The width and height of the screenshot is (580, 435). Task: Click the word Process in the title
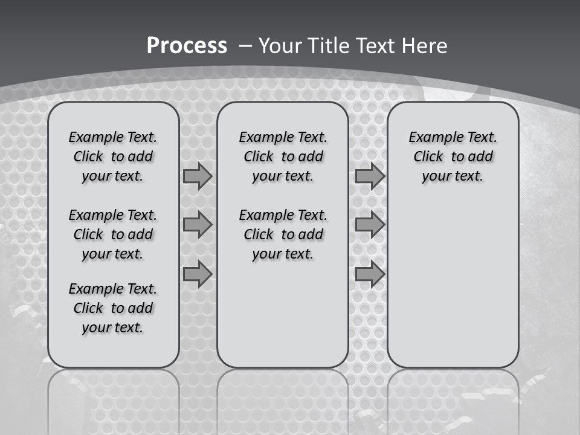187,45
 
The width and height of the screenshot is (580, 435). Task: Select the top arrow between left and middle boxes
197,176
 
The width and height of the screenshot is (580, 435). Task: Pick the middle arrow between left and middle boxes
197,225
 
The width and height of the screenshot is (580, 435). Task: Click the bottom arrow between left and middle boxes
197,274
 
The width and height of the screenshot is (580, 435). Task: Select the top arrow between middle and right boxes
370,176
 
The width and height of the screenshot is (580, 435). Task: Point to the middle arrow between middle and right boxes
370,225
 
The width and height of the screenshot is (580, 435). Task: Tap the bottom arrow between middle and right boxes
370,274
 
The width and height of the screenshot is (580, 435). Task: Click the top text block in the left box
113,156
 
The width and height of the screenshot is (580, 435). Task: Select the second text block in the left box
113,234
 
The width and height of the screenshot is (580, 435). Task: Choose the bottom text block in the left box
113,308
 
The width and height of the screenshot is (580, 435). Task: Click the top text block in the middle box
283,156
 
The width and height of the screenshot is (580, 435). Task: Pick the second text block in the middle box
283,234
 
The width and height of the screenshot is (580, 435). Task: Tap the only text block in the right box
453,156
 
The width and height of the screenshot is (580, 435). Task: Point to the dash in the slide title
245,45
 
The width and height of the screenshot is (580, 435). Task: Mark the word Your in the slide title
280,45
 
